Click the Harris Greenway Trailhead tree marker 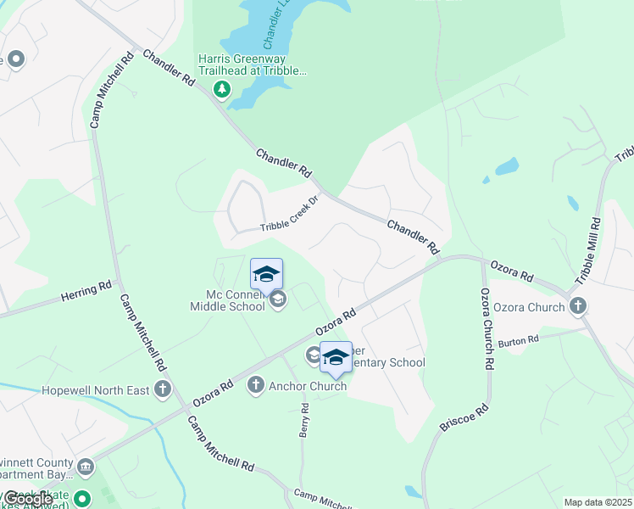tap(221, 88)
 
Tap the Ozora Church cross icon tap(578, 306)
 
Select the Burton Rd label tap(519, 341)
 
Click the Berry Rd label tap(303, 421)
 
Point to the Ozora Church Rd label tap(487, 328)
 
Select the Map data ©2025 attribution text tap(598, 502)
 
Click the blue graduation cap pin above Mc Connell tap(266, 274)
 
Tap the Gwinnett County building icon tap(85, 466)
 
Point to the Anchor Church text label tap(308, 386)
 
